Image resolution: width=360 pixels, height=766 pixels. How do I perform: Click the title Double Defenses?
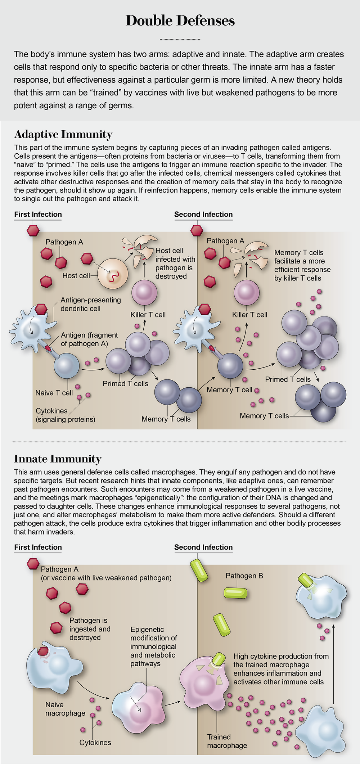pos(180,21)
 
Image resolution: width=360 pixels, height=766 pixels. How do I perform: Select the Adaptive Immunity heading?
pos(63,134)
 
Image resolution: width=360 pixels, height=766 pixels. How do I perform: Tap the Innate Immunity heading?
pos(58,459)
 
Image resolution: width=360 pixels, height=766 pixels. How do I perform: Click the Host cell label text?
pos(76,276)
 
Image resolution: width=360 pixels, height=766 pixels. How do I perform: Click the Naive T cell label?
pos(54,393)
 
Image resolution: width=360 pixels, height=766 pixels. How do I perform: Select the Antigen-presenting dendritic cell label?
pos(90,304)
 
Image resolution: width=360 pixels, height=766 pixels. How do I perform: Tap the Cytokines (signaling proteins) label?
pos(65,415)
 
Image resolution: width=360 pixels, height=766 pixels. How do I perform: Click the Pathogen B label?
pos(244,576)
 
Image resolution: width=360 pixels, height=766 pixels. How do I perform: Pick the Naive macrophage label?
pos(65,709)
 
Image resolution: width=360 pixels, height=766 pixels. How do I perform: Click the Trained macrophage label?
pos(227,741)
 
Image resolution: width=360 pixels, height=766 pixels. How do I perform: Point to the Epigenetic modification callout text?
pos(153,646)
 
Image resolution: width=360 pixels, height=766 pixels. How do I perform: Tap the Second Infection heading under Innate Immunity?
pos(203,548)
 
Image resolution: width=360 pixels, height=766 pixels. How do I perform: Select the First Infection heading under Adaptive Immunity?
pos(38,215)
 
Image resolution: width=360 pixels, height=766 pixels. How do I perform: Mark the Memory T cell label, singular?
pos(229,390)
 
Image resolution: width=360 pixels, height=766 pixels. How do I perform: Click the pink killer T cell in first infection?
pos(145,292)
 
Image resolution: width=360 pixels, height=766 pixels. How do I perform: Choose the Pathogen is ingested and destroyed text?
pos(90,629)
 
